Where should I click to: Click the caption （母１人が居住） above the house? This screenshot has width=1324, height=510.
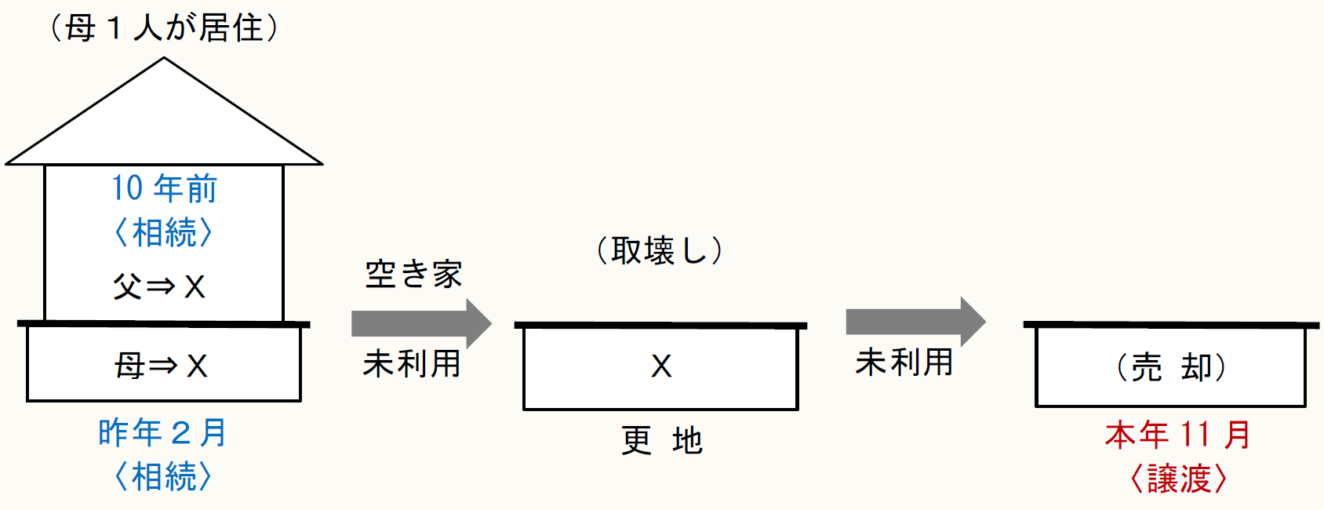pyautogui.click(x=164, y=28)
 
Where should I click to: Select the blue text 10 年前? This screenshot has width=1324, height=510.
pyautogui.click(x=164, y=188)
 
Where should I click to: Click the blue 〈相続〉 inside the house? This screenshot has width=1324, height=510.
pyautogui.click(x=164, y=233)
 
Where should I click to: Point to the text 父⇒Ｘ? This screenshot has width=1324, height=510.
pyautogui.click(x=160, y=286)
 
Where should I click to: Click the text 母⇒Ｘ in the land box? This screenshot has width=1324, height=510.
pyautogui.click(x=162, y=366)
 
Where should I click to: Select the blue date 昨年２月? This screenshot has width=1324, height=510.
pyautogui.click(x=163, y=433)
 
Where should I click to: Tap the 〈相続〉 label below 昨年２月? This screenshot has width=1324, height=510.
pyautogui.click(x=163, y=476)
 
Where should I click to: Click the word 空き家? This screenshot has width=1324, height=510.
pyautogui.click(x=413, y=275)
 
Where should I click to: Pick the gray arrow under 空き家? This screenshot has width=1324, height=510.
pyautogui.click(x=421, y=323)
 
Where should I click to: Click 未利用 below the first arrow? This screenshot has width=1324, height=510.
pyautogui.click(x=412, y=364)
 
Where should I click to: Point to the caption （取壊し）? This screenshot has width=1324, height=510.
pyautogui.click(x=659, y=251)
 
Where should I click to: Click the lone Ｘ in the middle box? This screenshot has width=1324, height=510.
pyautogui.click(x=661, y=366)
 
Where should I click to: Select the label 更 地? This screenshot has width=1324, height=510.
pyautogui.click(x=661, y=441)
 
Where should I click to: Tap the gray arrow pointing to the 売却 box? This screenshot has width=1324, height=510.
pyautogui.click(x=915, y=322)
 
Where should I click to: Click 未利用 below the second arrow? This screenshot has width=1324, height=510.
pyautogui.click(x=904, y=362)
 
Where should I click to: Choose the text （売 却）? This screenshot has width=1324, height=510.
pyautogui.click(x=1171, y=367)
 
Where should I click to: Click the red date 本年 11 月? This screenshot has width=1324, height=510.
pyautogui.click(x=1177, y=435)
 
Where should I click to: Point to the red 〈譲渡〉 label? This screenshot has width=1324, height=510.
pyautogui.click(x=1178, y=479)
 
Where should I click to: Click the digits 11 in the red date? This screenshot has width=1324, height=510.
pyautogui.click(x=1195, y=435)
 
